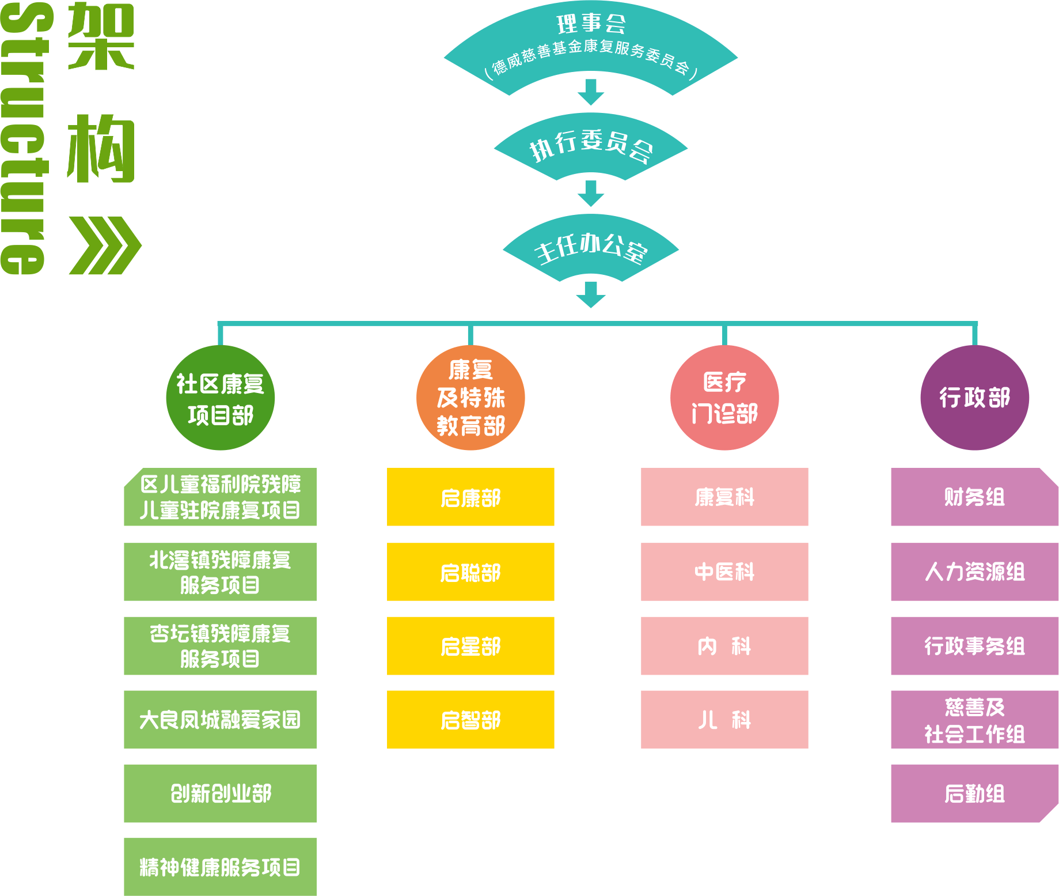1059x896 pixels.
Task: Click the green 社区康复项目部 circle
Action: click(220, 398)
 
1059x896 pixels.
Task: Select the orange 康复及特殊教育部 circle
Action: click(470, 398)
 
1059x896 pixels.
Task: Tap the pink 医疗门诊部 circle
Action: click(724, 398)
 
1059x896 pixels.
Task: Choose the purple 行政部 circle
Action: click(974, 398)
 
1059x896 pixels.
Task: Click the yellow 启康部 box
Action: click(470, 497)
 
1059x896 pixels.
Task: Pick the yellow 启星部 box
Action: click(470, 646)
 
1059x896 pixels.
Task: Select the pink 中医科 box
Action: click(724, 572)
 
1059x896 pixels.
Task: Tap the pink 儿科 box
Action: click(724, 720)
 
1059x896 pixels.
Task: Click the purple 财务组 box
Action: click(974, 497)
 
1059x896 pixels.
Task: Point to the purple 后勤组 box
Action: click(974, 793)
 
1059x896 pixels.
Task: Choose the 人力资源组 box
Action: click(974, 572)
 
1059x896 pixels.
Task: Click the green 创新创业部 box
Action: click(220, 793)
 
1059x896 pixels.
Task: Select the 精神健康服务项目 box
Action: click(220, 867)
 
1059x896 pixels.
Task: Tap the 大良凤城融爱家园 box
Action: click(220, 720)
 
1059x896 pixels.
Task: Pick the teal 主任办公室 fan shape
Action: click(591, 248)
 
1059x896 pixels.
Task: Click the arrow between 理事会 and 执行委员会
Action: click(591, 92)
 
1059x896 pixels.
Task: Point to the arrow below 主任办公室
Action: click(591, 294)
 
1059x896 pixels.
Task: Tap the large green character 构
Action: click(101, 148)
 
